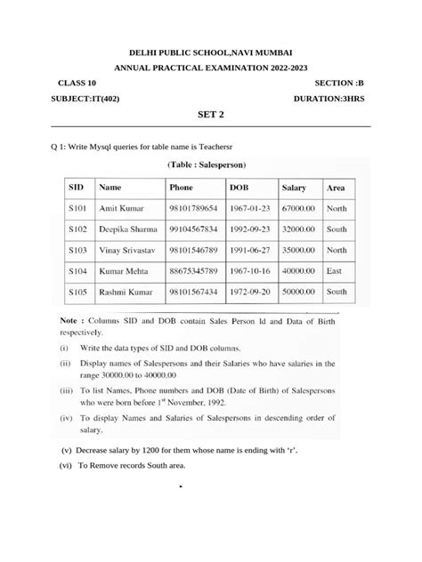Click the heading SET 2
pyautogui.click(x=211, y=115)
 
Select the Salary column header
pyautogui.click(x=294, y=188)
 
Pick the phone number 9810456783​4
pyautogui.click(x=193, y=229)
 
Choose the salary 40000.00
pyautogui.click(x=299, y=270)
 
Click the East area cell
pyautogui.click(x=335, y=270)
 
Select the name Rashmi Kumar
pyautogui.click(x=126, y=291)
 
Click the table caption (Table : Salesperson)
pyautogui.click(x=212, y=165)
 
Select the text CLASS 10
pyautogui.click(x=75, y=82)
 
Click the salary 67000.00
pyautogui.click(x=299, y=208)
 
